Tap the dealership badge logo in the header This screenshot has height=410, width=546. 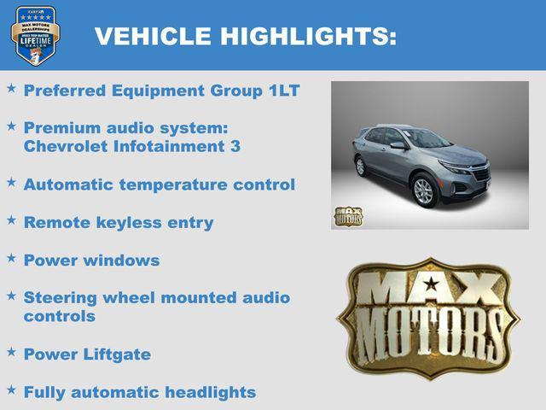pyautogui.click(x=35, y=35)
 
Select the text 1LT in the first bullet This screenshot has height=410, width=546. pyautogui.click(x=283, y=91)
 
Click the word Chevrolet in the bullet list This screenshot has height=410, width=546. pyautogui.click(x=67, y=146)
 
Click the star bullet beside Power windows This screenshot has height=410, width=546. pyautogui.click(x=11, y=257)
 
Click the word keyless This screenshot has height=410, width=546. pyautogui.click(x=122, y=222)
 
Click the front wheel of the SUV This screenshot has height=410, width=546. pyautogui.click(x=424, y=191)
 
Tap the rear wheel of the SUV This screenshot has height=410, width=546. pyautogui.click(x=361, y=167)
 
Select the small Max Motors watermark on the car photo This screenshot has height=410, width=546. pyautogui.click(x=347, y=216)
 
